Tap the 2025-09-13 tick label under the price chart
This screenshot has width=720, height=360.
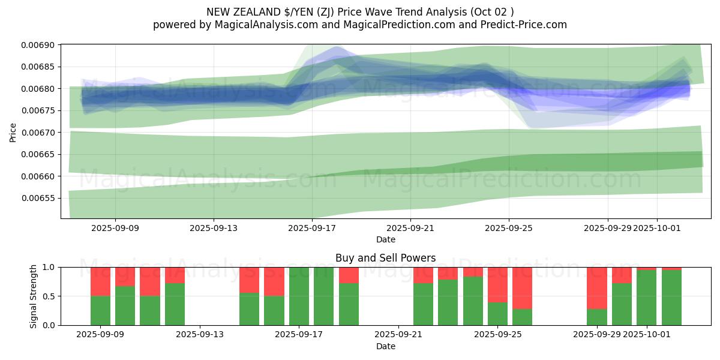[x=214, y=228]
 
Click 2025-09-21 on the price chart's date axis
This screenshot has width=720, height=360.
[x=410, y=228]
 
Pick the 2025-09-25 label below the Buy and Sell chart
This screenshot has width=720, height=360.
[x=497, y=335]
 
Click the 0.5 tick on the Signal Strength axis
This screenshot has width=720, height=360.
[x=48, y=296]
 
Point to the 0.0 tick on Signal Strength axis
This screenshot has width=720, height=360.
[x=48, y=325]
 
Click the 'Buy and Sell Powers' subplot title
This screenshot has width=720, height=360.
[x=385, y=258]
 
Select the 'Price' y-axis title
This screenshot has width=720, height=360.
[x=13, y=132]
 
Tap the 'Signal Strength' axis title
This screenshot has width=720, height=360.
[x=34, y=296]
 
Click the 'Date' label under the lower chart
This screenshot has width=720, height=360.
[x=385, y=346]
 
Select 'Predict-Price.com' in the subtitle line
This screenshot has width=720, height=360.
[x=524, y=25]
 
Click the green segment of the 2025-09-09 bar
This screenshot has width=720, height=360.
[x=101, y=310]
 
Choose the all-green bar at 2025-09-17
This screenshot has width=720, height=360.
[x=299, y=296]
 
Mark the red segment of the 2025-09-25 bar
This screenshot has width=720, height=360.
[x=497, y=284]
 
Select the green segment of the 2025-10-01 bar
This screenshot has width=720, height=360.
[x=647, y=298]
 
